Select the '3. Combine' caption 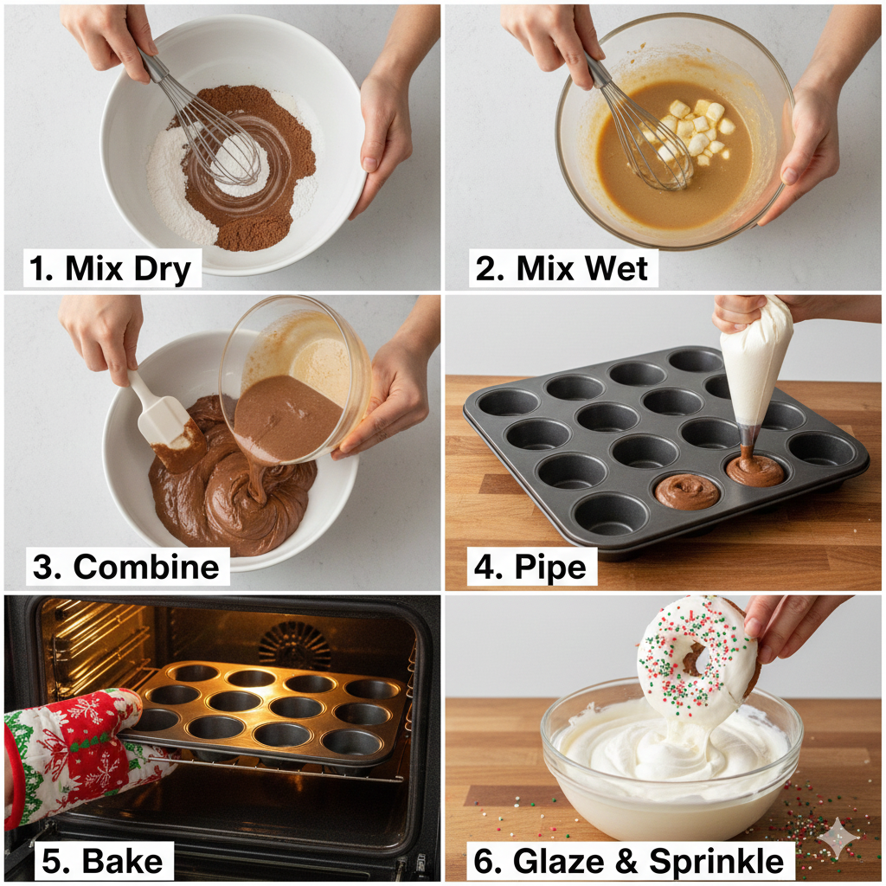pyautogui.click(x=126, y=567)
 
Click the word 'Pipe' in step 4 pyautogui.click(x=551, y=568)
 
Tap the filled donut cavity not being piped pyautogui.click(x=686, y=491)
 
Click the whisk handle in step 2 pyautogui.click(x=597, y=69)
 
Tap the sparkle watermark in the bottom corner pyautogui.click(x=840, y=838)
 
